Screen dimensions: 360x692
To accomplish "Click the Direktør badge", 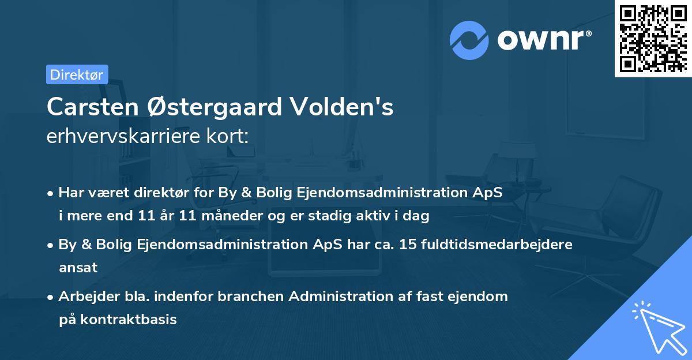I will click(77, 74).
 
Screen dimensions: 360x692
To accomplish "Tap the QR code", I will click(653, 38).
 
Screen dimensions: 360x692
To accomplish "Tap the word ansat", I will click(78, 268).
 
